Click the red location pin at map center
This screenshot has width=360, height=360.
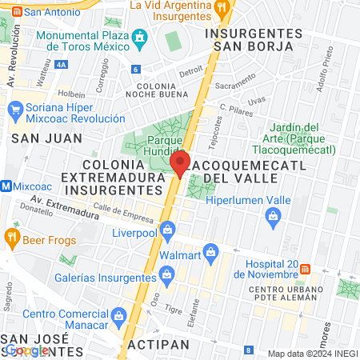tap(180, 164)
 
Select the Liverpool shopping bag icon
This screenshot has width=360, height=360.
tap(167, 231)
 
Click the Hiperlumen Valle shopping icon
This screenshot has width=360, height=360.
tap(274, 215)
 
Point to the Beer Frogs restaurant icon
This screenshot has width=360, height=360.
tap(11, 236)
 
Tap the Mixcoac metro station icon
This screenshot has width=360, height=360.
tap(6, 186)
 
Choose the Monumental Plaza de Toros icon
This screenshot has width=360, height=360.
tap(141, 36)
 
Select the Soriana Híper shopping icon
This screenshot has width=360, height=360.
tap(14, 107)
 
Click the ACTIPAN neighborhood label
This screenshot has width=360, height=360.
tap(158, 344)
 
